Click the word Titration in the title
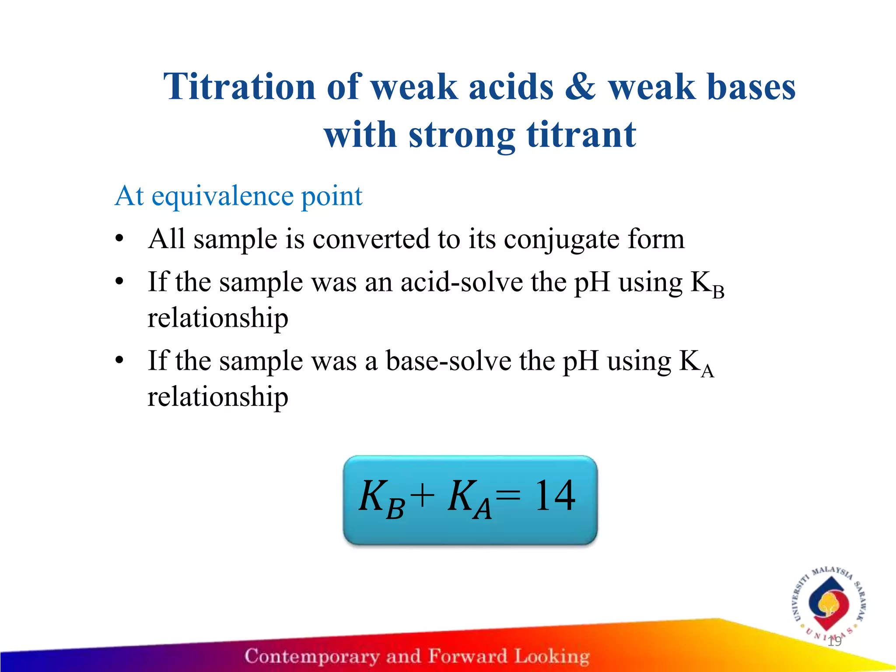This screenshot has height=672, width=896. click(x=240, y=87)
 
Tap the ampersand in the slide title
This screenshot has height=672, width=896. click(x=580, y=87)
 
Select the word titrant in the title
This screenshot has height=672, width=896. click(x=581, y=135)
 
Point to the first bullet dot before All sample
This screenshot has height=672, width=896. click(x=119, y=240)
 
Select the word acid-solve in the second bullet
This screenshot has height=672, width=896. click(x=462, y=282)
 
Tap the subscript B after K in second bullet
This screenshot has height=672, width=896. click(x=718, y=292)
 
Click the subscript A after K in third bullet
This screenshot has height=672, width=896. click(x=707, y=371)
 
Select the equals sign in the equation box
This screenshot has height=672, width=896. click(x=508, y=496)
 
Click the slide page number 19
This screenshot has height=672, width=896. click(x=834, y=642)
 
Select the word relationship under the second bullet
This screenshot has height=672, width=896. click(x=217, y=318)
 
